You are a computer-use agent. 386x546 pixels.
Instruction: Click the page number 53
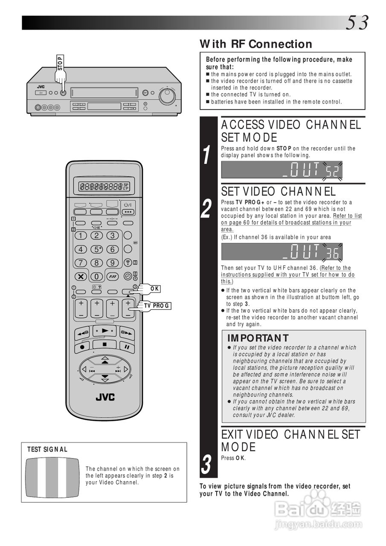[357, 23]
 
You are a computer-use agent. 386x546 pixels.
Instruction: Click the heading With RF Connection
[256, 44]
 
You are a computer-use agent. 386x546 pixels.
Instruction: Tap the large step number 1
[206, 155]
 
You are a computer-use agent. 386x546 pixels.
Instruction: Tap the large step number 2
[206, 209]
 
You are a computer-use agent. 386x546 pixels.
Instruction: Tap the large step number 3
[206, 465]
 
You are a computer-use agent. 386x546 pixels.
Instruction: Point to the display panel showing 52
[282, 170]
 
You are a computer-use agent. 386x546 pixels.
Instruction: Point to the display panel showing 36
[282, 252]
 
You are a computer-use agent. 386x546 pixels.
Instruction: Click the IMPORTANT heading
[258, 338]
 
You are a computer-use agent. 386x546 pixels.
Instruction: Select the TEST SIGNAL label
[47, 449]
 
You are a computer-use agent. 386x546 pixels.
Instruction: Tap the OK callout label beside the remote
[155, 289]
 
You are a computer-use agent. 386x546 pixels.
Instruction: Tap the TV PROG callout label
[157, 306]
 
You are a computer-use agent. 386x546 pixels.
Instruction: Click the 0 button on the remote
[97, 276]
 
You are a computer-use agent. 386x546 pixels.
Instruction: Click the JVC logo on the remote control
[105, 397]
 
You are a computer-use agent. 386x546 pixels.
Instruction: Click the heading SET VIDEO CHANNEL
[278, 192]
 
